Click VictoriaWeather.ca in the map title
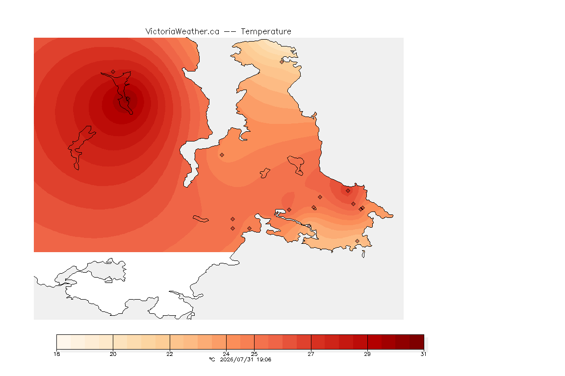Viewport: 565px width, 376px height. coord(182,32)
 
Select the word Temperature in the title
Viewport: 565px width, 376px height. coord(266,32)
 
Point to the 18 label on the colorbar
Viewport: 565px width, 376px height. coord(56,354)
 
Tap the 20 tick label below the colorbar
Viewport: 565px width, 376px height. coord(113,354)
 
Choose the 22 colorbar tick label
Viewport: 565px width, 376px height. coord(170,354)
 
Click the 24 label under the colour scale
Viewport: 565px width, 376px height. coord(226,354)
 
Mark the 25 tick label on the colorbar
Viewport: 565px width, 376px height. coord(255,354)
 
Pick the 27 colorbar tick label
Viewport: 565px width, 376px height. coord(311,354)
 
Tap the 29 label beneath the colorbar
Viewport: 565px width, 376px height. coord(367,354)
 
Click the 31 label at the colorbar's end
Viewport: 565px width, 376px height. coord(423,354)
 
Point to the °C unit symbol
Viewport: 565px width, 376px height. coord(212,359)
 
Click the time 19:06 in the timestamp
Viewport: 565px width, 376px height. coord(264,359)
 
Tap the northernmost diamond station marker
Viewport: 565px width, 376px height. coord(282,62)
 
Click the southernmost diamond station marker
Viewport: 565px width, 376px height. coord(357,241)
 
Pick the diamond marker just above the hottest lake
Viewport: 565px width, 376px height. coord(113,72)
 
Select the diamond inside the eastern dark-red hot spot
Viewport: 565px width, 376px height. coord(348,191)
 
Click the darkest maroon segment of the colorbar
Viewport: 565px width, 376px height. coord(417,342)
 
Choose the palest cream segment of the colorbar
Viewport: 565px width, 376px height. coord(63,342)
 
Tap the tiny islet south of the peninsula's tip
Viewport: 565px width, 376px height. coord(363,254)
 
